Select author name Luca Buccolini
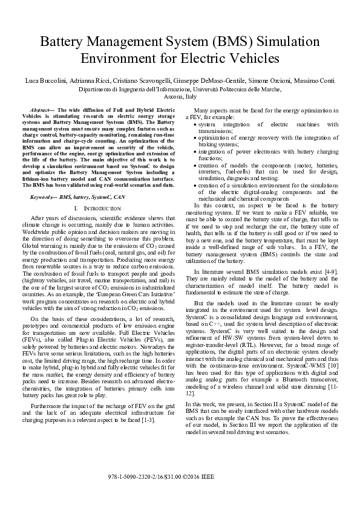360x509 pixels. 45,80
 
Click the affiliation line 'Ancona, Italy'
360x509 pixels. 180,96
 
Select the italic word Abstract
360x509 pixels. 40,110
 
